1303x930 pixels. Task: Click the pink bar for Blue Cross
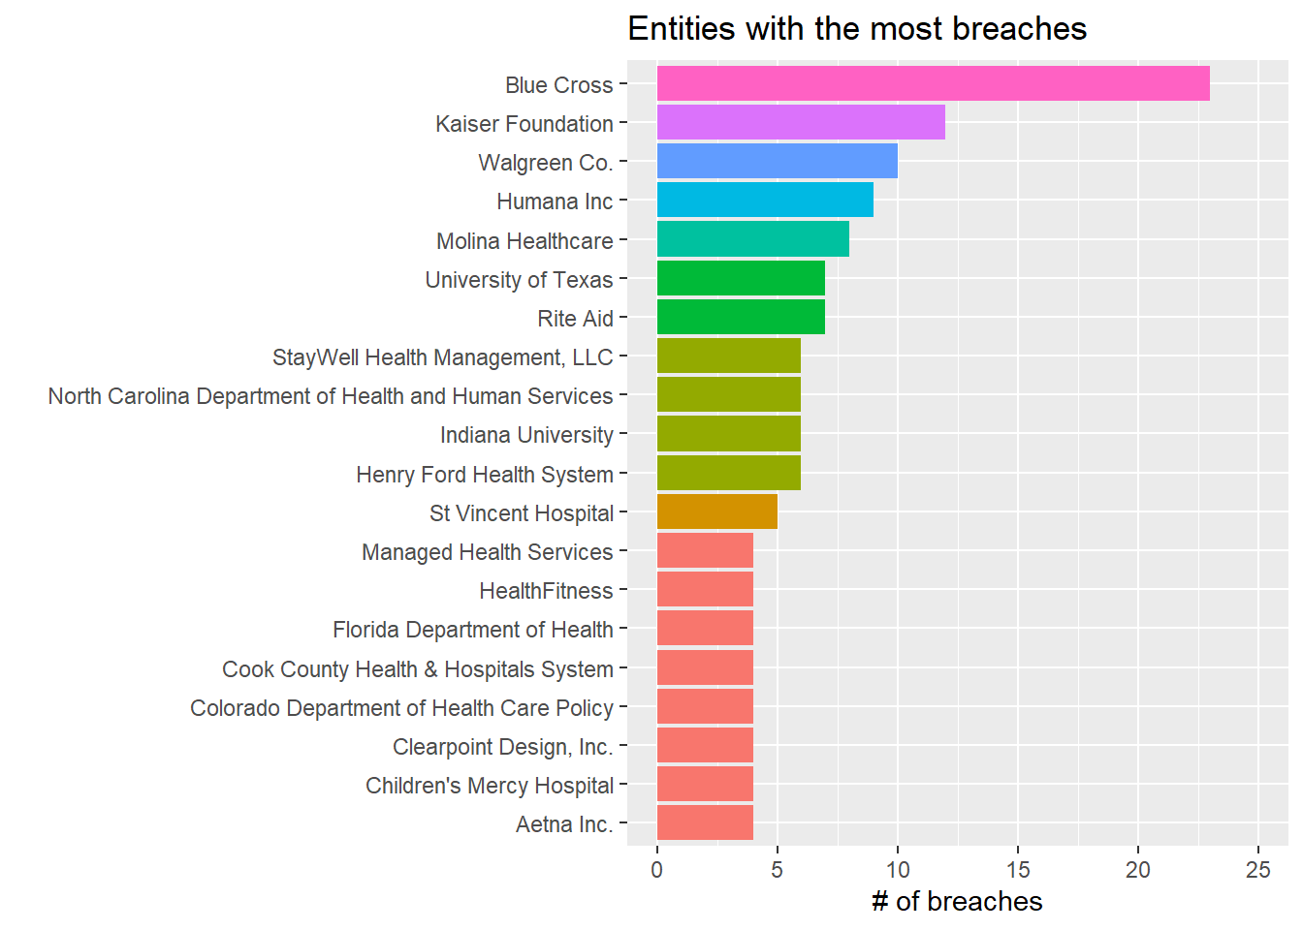click(x=933, y=83)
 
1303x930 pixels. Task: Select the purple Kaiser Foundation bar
click(x=801, y=122)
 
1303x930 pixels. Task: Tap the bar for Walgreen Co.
click(x=777, y=161)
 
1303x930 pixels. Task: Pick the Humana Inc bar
click(x=765, y=200)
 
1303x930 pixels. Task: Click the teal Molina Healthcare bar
click(x=752, y=239)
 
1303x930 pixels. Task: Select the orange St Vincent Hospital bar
click(x=716, y=511)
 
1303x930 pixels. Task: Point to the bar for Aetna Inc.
click(x=705, y=822)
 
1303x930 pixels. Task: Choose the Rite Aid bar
click(x=741, y=317)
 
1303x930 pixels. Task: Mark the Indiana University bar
click(x=729, y=434)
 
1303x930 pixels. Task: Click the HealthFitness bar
click(x=705, y=589)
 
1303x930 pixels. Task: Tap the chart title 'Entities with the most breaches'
click(x=857, y=29)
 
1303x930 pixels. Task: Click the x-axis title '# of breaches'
click(x=957, y=901)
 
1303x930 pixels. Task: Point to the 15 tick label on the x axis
click(x=1018, y=870)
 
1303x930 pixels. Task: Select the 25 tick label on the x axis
click(x=1258, y=870)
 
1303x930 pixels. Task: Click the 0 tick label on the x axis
click(x=657, y=870)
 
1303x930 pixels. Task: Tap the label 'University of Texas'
click(x=519, y=280)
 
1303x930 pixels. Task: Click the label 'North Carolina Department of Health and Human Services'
click(x=331, y=396)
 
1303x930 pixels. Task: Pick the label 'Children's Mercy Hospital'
click(x=490, y=786)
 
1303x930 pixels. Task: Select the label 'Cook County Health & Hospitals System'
click(x=418, y=669)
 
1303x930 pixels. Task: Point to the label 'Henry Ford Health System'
click(x=485, y=475)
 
